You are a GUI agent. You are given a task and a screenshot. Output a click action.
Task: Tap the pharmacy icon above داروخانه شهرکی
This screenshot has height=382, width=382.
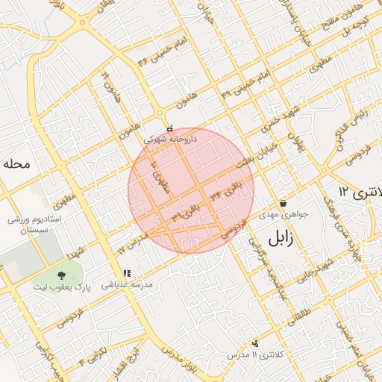[170, 128]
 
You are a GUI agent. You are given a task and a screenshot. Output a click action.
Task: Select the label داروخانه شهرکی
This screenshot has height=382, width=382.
[170, 138]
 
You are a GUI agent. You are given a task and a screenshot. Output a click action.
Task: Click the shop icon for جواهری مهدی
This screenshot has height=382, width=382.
[283, 204]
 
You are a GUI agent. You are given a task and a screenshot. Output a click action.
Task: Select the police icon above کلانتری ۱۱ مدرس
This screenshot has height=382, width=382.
[255, 343]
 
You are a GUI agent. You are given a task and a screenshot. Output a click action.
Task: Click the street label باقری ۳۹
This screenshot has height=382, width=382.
[187, 210]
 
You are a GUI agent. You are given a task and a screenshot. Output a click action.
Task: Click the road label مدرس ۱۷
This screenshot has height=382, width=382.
[133, 244]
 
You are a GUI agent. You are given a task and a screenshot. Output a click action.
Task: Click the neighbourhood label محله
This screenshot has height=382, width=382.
[15, 163]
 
